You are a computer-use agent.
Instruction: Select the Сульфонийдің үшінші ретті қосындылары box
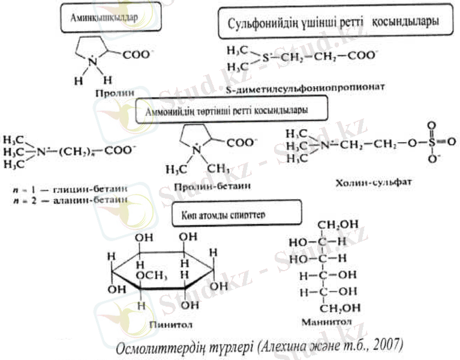pos(333,23)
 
